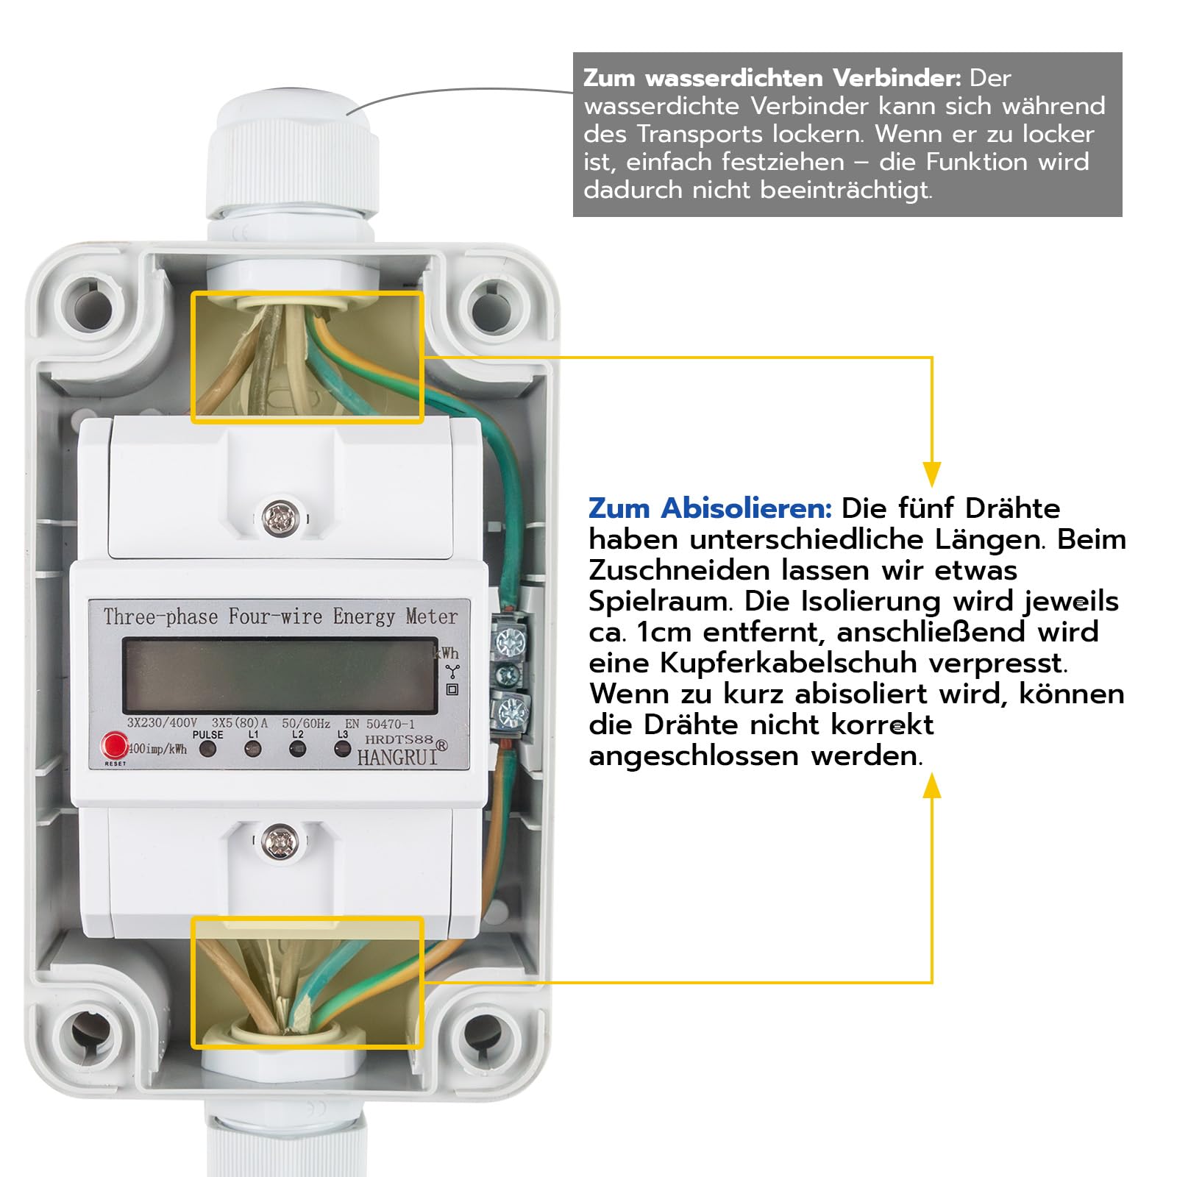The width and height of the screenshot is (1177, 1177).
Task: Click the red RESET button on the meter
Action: pyautogui.click(x=115, y=745)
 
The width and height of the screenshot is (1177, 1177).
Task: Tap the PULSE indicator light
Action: pyautogui.click(x=208, y=750)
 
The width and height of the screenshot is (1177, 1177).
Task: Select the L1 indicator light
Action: pyautogui.click(x=253, y=750)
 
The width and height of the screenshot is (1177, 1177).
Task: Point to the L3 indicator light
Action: pyautogui.click(x=342, y=749)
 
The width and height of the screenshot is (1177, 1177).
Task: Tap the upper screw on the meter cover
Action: pyautogui.click(x=280, y=518)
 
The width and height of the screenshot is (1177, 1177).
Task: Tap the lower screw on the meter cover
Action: pyautogui.click(x=280, y=840)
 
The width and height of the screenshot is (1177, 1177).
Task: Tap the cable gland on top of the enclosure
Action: pyautogui.click(x=292, y=158)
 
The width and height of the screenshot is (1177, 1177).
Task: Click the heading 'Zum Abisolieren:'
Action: pyautogui.click(x=710, y=508)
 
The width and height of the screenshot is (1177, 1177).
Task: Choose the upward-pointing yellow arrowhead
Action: pyautogui.click(x=932, y=785)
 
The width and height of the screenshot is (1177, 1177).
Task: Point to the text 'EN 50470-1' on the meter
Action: pyautogui.click(x=380, y=724)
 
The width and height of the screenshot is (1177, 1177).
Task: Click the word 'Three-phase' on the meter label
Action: pyautogui.click(x=161, y=616)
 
